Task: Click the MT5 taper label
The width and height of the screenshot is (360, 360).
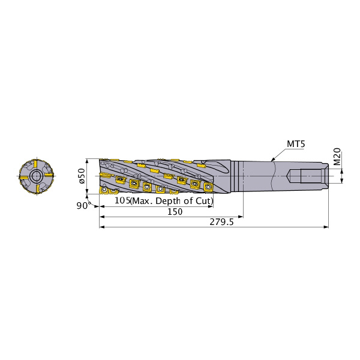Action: point(296,144)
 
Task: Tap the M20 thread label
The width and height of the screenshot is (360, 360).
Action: point(337,157)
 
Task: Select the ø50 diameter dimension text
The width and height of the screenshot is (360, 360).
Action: point(82,176)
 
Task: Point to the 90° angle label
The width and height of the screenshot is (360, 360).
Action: point(82,205)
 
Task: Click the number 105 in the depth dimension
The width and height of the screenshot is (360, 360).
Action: point(122,200)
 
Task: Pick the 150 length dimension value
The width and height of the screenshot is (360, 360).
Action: point(175,212)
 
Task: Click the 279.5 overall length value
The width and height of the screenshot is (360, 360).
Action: point(221,222)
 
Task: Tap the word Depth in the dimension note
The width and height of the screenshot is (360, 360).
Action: point(169,201)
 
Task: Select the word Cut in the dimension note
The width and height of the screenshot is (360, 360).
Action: point(203,200)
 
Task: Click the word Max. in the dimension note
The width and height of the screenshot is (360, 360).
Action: point(142,201)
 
